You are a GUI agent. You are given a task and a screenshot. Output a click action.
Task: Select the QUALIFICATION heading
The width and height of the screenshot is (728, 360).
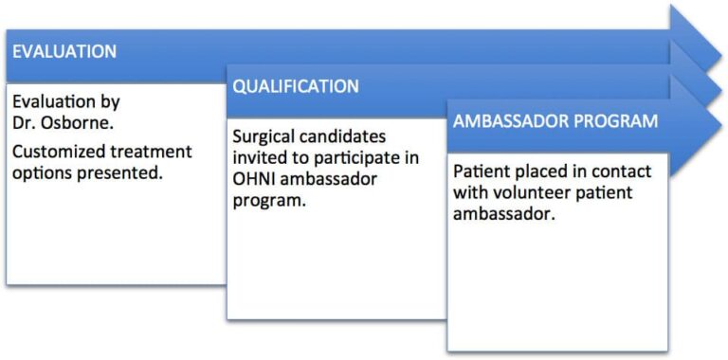pos(296,87)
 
